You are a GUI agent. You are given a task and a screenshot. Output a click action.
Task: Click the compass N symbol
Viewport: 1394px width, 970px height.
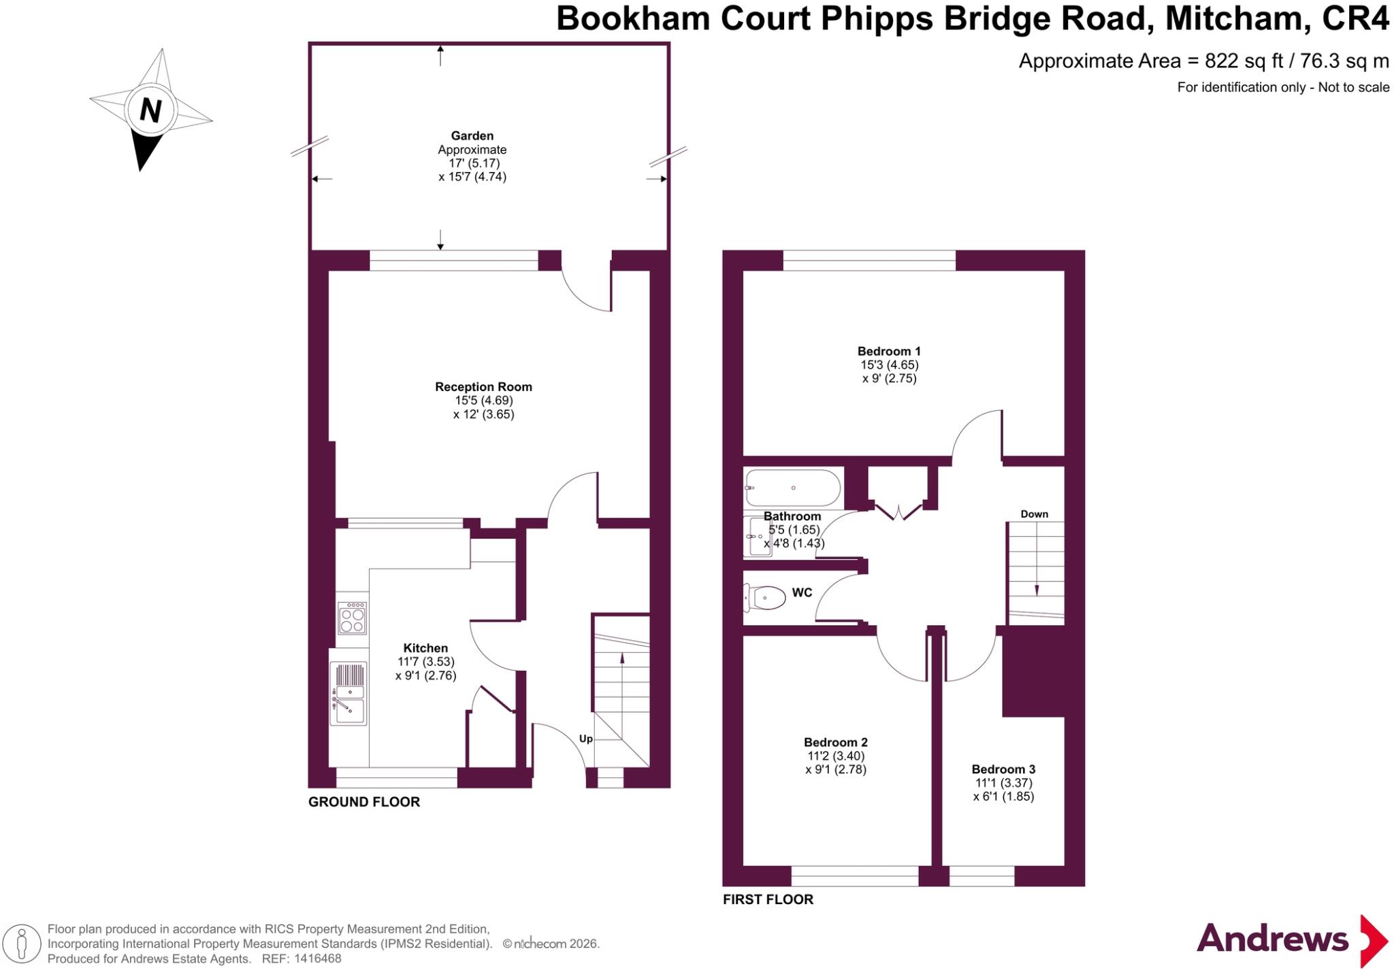coord(150,110)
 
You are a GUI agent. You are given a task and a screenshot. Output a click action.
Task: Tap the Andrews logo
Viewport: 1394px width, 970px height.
coord(1293,940)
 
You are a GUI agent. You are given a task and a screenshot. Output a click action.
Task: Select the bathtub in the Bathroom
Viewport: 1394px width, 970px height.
coord(793,488)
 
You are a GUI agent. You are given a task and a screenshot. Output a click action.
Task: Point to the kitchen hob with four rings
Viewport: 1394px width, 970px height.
coord(353,618)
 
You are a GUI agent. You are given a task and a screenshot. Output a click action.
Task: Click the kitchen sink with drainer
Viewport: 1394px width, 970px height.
coord(348,693)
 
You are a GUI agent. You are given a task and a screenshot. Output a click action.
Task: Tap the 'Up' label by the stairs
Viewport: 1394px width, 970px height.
coord(586,739)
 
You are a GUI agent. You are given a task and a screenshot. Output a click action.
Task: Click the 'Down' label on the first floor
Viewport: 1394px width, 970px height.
coord(1034,514)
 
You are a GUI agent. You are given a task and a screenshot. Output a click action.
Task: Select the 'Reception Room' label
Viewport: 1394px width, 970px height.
coord(484,387)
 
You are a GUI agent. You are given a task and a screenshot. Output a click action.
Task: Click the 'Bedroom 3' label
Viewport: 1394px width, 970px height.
coord(1003,769)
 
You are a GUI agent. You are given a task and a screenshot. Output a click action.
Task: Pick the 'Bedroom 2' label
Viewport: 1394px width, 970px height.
coord(836,742)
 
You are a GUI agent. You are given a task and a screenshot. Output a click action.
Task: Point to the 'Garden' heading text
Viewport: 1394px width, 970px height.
coord(472,136)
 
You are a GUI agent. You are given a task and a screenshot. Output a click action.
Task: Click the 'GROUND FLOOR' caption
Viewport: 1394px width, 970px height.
coord(364,802)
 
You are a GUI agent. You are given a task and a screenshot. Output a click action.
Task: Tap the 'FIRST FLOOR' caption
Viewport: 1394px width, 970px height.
coord(768,899)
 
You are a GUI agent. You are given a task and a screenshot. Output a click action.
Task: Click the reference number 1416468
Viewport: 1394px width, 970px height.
coord(317,959)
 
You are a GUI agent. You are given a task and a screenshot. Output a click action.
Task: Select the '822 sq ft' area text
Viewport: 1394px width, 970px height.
coord(1244,61)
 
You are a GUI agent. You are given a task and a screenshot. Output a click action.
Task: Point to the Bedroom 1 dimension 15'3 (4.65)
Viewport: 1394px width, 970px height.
coord(890,365)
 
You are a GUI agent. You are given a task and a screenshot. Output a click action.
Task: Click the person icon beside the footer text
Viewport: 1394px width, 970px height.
coord(22,944)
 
